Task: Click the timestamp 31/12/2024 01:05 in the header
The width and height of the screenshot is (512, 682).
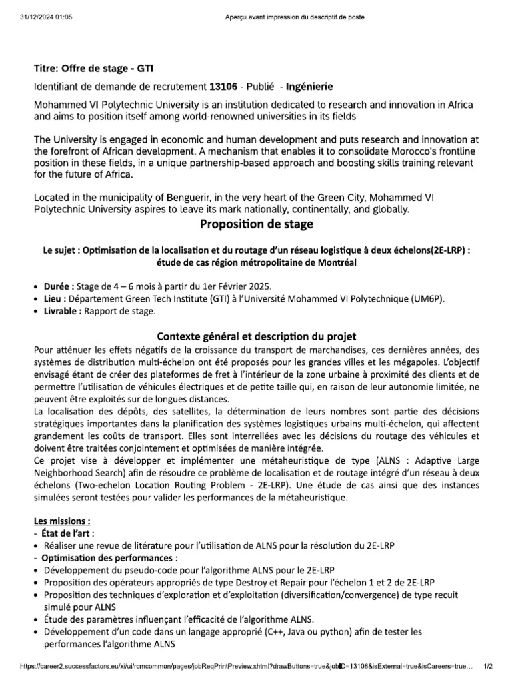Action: (x=45, y=17)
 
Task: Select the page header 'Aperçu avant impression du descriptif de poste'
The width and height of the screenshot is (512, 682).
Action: (x=295, y=17)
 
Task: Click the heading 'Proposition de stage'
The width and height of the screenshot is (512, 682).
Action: (x=256, y=224)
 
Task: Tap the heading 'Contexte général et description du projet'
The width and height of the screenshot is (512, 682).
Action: (x=256, y=336)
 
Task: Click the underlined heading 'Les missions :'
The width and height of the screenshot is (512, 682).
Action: (x=62, y=521)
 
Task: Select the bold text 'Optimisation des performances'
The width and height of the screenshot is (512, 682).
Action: (x=107, y=557)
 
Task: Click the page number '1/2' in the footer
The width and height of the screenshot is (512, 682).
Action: (x=487, y=665)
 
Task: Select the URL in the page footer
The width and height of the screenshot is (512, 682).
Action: (x=247, y=665)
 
